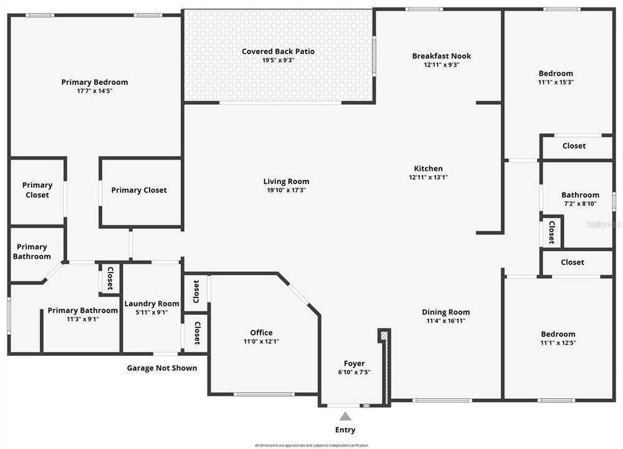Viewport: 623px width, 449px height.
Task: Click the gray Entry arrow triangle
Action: pos(345,416)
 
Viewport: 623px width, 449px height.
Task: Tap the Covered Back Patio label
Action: pos(278,51)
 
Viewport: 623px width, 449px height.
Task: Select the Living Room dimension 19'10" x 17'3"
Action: pos(284,190)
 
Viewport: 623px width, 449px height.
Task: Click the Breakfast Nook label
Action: pos(441,56)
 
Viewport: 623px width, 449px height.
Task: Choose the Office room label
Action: pos(261,332)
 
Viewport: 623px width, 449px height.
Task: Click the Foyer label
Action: pos(354,364)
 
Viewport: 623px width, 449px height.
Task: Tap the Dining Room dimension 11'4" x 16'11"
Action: pos(445,321)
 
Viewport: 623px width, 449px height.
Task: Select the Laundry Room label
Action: pos(151,304)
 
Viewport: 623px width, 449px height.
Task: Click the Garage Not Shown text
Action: pos(162,368)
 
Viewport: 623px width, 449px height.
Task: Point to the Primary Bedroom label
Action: pos(95,82)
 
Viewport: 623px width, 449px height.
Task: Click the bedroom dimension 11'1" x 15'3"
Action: pos(556,82)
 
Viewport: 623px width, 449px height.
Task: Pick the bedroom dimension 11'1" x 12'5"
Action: pos(558,342)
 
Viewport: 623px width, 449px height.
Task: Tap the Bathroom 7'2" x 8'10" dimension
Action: pos(580,203)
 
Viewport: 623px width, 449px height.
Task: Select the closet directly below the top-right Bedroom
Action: pos(574,146)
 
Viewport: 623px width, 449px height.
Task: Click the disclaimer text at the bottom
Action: pos(311,445)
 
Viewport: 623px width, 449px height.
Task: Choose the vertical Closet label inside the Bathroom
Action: pos(551,232)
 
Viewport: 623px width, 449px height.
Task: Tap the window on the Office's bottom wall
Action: pos(264,394)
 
